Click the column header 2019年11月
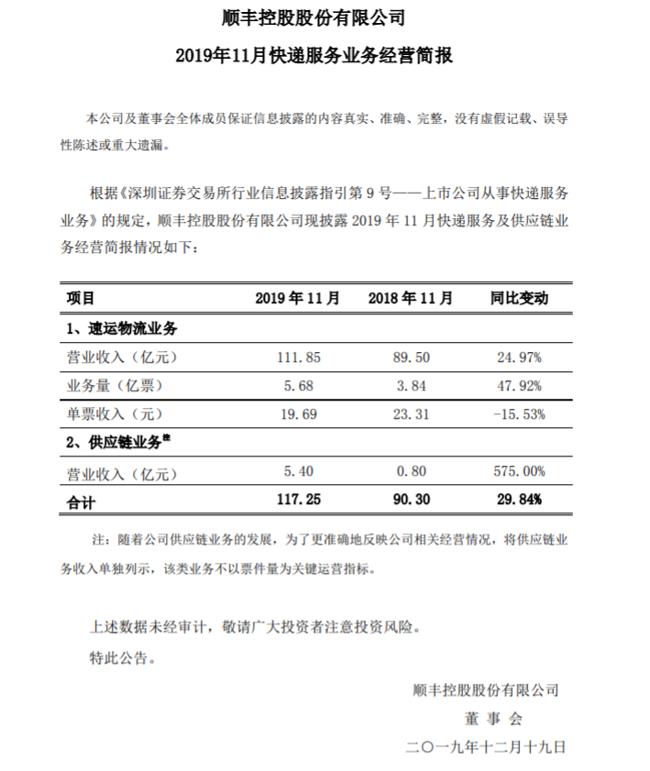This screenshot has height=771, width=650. [298, 298]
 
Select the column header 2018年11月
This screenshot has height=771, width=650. [410, 298]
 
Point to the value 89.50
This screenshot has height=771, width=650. [412, 356]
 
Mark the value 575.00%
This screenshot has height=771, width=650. [517, 472]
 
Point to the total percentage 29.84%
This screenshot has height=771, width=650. [519, 501]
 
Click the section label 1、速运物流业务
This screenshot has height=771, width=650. [120, 327]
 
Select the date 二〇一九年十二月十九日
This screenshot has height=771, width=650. [486, 746]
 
